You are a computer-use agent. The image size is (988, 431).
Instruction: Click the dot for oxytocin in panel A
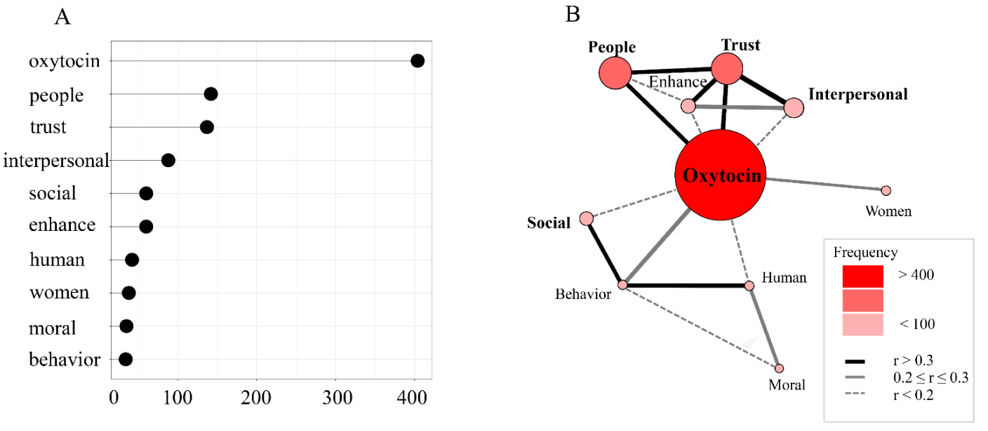(x=418, y=61)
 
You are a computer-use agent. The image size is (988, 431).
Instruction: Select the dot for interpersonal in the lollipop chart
(x=168, y=160)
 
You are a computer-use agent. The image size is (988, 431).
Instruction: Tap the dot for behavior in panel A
(x=126, y=359)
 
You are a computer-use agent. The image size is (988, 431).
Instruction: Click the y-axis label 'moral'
(x=53, y=328)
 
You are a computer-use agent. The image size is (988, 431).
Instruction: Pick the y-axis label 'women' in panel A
(x=59, y=292)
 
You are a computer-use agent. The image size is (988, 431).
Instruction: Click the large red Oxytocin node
(x=720, y=175)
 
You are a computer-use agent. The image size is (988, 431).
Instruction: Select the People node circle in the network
(x=616, y=73)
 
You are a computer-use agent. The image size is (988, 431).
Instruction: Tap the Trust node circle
(x=727, y=69)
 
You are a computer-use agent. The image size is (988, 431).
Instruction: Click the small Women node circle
(x=886, y=190)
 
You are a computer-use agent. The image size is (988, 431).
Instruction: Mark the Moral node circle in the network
(x=779, y=368)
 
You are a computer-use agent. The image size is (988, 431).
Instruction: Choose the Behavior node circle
(x=622, y=285)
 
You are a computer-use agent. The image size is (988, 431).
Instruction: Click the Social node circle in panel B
(x=587, y=219)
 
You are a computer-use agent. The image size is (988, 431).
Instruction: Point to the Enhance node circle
(x=688, y=106)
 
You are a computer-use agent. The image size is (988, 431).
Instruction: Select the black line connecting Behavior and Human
(x=686, y=286)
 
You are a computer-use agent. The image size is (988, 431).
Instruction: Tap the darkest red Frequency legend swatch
(x=862, y=276)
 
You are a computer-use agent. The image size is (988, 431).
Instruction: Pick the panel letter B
(x=573, y=13)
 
